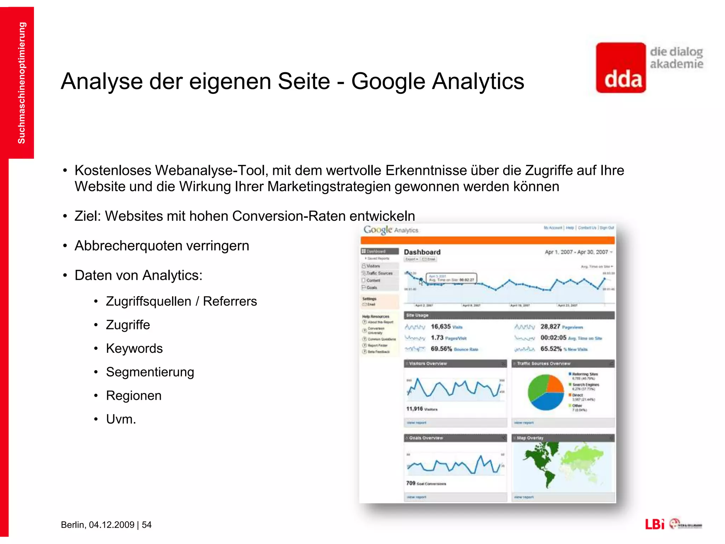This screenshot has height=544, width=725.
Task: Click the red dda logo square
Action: click(621, 68)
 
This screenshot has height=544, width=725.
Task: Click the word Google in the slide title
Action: click(388, 81)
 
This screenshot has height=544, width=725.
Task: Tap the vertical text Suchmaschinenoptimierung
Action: click(21, 83)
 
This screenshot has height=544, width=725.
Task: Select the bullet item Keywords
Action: click(134, 348)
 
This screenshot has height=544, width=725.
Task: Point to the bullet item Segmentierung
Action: click(150, 372)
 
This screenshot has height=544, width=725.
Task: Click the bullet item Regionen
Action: click(133, 396)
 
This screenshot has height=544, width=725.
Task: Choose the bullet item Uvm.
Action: click(121, 419)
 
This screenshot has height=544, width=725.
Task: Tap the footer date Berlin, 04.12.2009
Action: click(97, 525)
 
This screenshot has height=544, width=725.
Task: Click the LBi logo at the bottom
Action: click(655, 524)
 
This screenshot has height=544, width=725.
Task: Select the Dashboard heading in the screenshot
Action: click(422, 252)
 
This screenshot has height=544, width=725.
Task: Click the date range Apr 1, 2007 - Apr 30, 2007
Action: click(576, 252)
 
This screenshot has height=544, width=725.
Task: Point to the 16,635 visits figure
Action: click(441, 327)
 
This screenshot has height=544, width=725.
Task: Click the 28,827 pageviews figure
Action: click(550, 327)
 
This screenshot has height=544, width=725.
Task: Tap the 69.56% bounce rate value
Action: click(441, 349)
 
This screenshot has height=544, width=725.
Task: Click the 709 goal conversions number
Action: click(411, 483)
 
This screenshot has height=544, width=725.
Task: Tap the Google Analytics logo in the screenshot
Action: click(391, 230)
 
